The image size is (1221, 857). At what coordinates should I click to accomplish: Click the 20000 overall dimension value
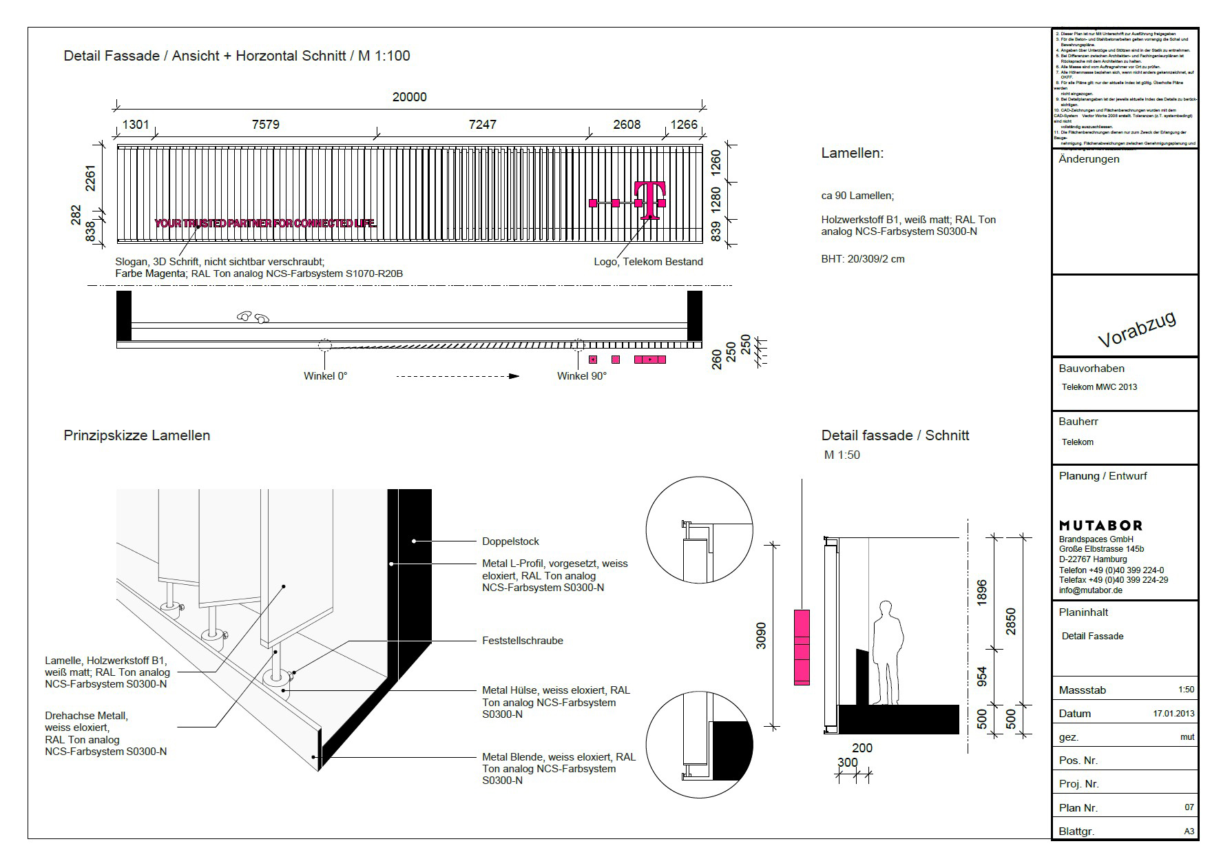409,97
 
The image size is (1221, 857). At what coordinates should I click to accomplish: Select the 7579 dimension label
265,125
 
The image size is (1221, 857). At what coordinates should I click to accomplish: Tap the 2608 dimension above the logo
626,125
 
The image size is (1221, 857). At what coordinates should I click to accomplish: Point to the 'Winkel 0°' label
325,376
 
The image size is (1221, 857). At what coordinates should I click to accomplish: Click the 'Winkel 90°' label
581,376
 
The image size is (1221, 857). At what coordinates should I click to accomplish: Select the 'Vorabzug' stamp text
1136,329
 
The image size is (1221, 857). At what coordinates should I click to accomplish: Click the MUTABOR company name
1100,526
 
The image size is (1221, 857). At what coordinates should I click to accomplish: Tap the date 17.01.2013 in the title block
1173,714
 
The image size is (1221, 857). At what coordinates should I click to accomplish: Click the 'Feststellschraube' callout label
522,641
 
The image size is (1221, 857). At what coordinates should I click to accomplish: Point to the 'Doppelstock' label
510,541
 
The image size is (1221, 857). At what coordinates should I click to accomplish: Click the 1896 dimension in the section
982,592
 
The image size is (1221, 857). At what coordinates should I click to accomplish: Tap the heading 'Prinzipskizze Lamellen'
136,435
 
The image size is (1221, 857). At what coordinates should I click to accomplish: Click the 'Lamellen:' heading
852,154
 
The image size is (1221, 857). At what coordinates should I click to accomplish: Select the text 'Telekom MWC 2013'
1099,387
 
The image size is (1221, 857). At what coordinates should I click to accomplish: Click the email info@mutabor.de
1090,590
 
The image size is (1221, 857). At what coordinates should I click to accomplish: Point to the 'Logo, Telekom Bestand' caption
648,262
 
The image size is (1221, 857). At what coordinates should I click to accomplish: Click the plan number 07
1189,807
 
